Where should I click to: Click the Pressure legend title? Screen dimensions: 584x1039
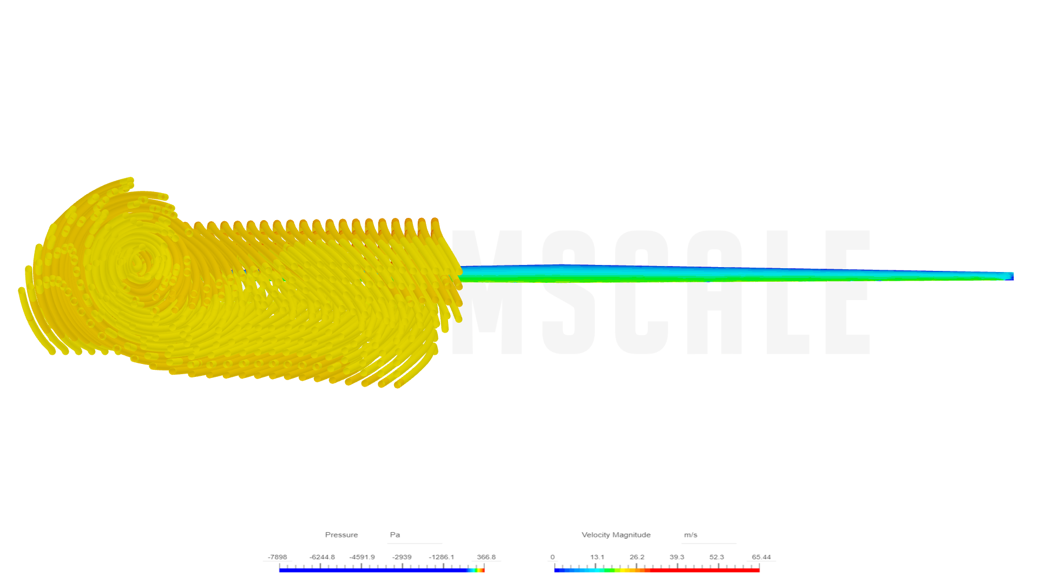[x=341, y=535]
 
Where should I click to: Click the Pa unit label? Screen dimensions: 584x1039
[x=395, y=535]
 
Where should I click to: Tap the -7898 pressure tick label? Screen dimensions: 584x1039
[x=277, y=557]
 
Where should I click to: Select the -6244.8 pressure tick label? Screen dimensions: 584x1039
[x=322, y=557]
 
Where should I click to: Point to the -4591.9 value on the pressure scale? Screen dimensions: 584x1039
[x=362, y=557]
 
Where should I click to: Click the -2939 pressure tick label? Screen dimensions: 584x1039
[x=402, y=557]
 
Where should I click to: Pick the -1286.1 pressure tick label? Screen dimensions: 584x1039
[x=442, y=557]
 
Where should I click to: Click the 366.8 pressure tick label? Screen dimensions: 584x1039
[x=486, y=557]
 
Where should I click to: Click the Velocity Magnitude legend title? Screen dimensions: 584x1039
[x=616, y=535]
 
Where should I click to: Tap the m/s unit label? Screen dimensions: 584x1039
[x=691, y=535]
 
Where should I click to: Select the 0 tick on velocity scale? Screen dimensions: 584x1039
[x=553, y=557]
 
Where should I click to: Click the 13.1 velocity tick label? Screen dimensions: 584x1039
[x=597, y=557]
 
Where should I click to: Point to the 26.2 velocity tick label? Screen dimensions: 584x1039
[x=637, y=557]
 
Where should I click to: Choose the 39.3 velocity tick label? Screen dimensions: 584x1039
[x=677, y=557]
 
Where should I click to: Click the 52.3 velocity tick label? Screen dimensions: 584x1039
[x=716, y=557]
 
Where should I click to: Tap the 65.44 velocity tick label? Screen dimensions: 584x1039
[x=761, y=557]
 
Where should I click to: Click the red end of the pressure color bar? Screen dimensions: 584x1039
[x=483, y=570]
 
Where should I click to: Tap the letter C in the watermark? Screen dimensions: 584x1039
[x=641, y=292]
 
